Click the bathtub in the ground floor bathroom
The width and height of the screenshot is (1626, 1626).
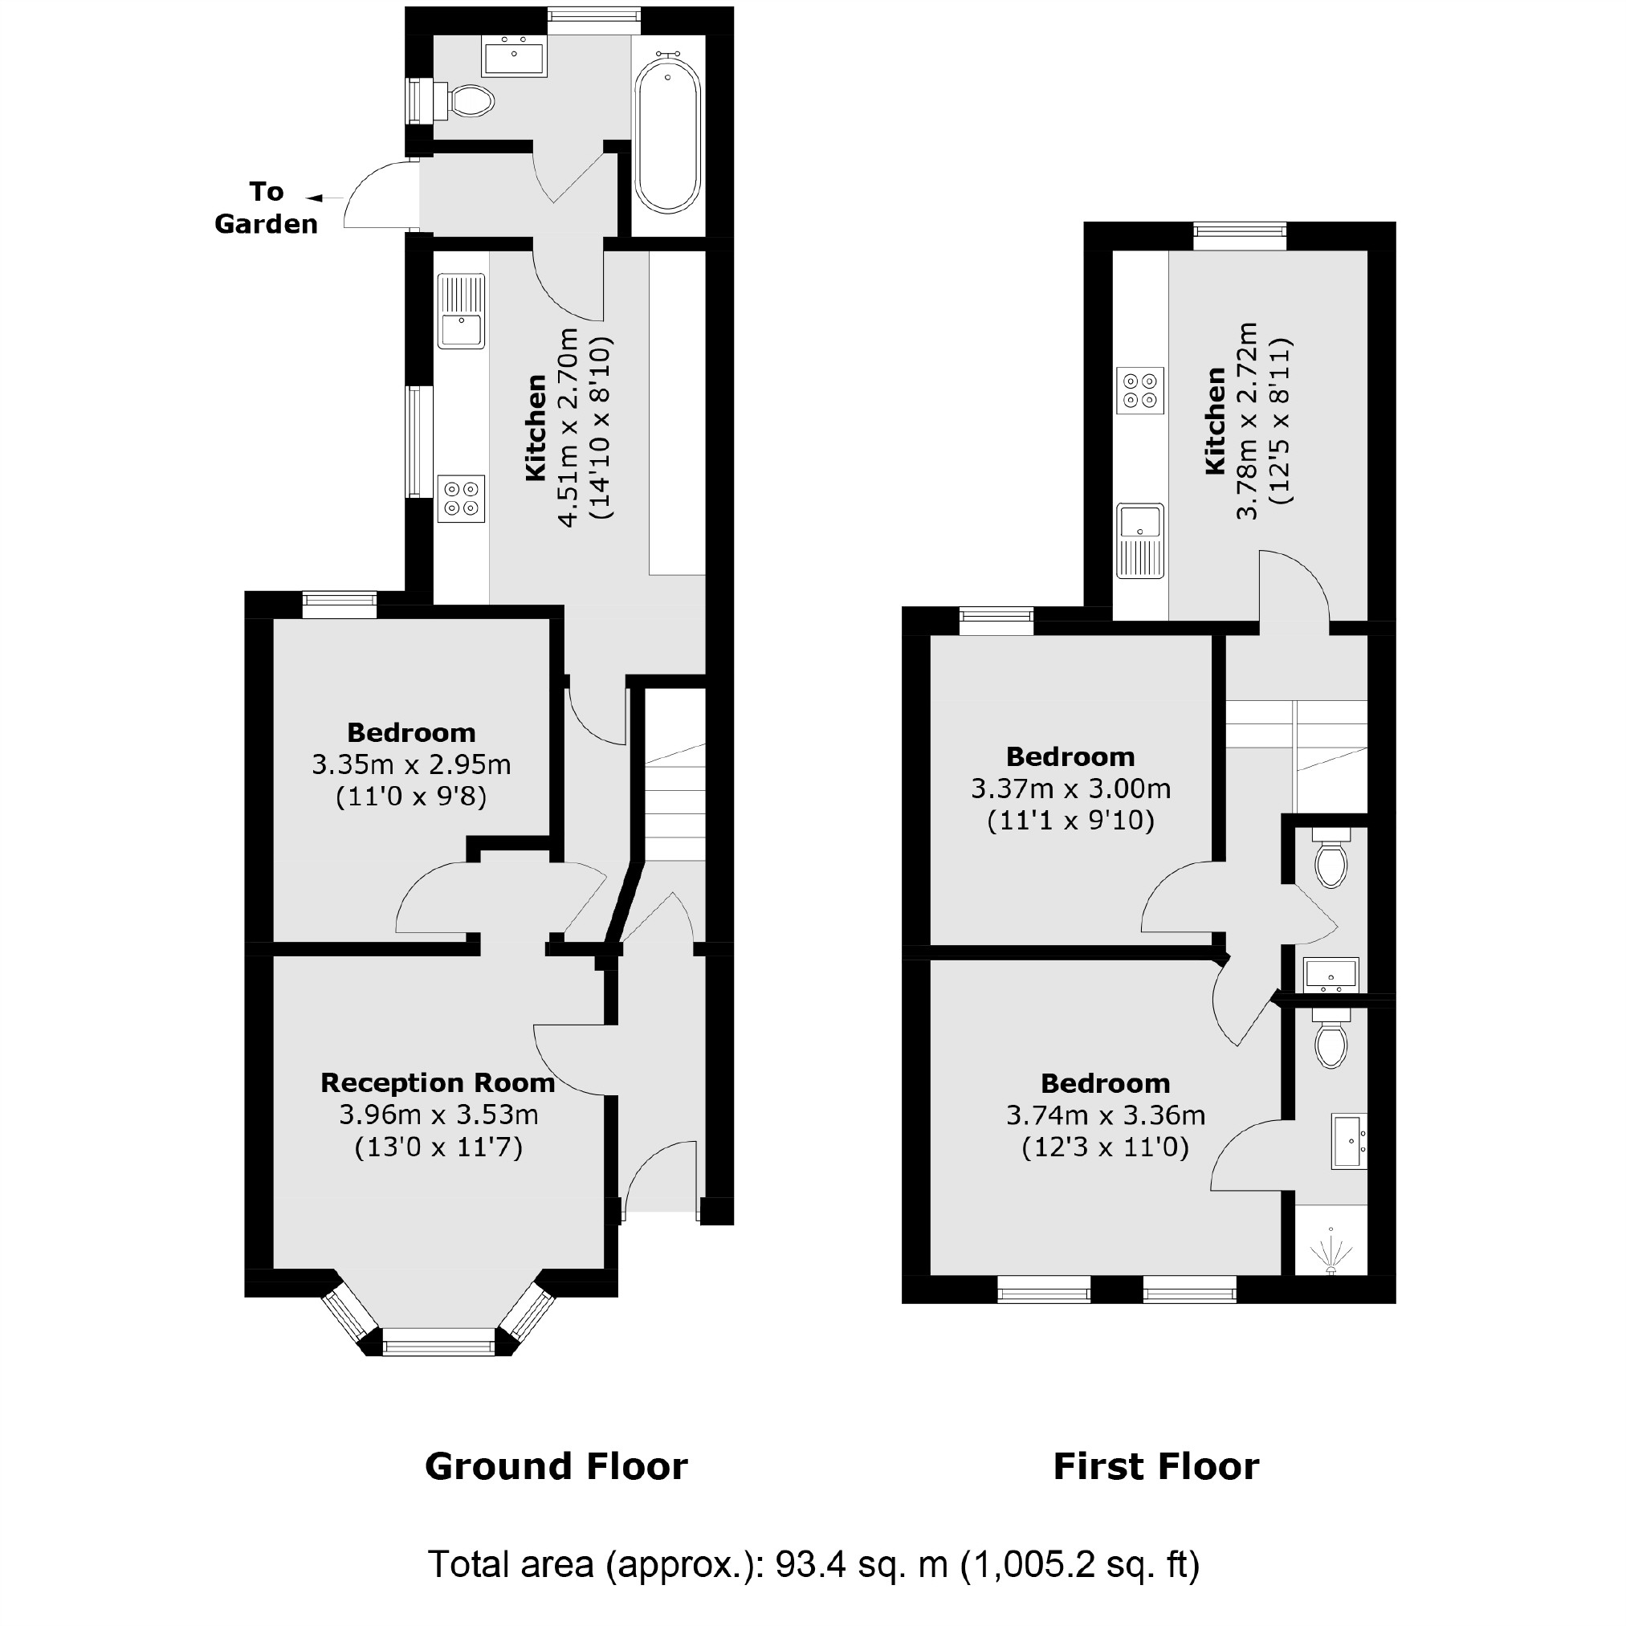tap(667, 135)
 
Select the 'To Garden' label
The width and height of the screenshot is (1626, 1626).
tap(266, 208)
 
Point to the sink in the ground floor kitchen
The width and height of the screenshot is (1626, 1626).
tap(461, 311)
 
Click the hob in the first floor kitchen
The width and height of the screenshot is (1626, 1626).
tap(1140, 390)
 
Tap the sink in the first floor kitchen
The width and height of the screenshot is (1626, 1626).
tap(1139, 540)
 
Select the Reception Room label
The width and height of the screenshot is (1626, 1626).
tap(438, 1082)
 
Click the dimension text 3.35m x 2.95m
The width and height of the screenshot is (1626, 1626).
tap(412, 764)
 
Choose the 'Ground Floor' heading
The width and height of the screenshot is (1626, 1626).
tap(556, 1466)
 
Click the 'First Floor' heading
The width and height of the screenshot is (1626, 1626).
tap(1155, 1466)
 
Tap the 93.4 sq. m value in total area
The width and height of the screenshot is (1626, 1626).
tap(861, 1563)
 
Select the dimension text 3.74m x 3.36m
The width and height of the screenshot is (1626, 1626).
tap(1106, 1116)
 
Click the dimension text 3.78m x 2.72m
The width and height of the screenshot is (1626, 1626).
tap(1247, 421)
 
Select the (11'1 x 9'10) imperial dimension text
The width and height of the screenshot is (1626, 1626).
tap(1070, 820)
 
